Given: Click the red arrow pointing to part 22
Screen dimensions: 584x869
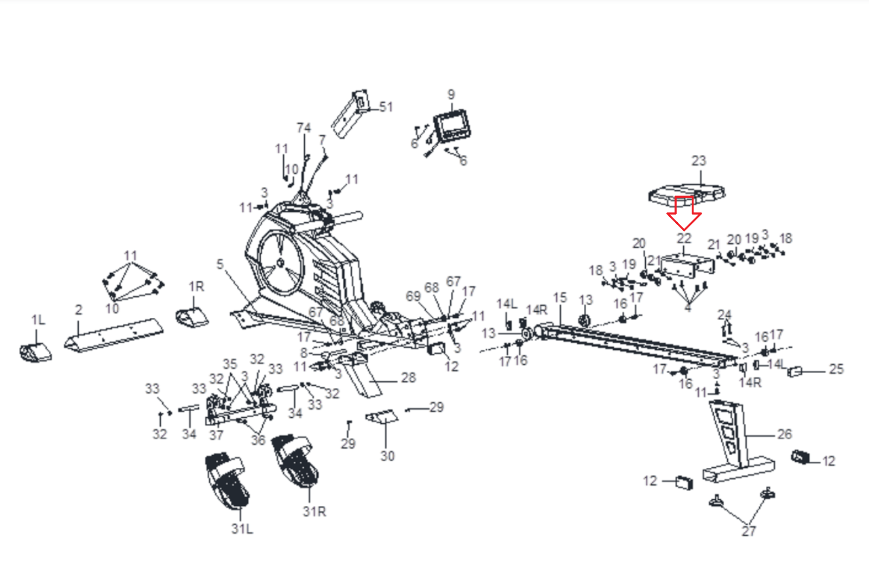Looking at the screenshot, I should pyautogui.click(x=684, y=213).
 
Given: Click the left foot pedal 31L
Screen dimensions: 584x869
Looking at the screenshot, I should pyautogui.click(x=228, y=481).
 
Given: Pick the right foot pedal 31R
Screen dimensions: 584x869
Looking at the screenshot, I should pyautogui.click(x=295, y=460).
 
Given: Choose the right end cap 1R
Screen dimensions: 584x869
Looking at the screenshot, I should pyautogui.click(x=192, y=317).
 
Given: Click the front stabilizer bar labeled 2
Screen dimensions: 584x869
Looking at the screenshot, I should pyautogui.click(x=115, y=334).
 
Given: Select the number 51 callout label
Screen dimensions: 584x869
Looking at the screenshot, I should pyautogui.click(x=386, y=106).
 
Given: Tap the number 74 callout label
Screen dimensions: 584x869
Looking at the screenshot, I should pyautogui.click(x=304, y=128).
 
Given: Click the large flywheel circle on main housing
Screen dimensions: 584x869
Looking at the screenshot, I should pyautogui.click(x=280, y=263).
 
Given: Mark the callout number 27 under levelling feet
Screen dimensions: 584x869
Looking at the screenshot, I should pyautogui.click(x=748, y=531).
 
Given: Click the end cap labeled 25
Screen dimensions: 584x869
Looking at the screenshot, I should pyautogui.click(x=795, y=372).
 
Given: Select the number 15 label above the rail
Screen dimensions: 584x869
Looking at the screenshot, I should pyautogui.click(x=560, y=298).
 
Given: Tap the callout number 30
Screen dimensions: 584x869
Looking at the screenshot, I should pyautogui.click(x=387, y=456).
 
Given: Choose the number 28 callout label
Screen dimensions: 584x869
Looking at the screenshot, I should pyautogui.click(x=408, y=378).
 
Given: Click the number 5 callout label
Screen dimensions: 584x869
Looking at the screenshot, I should pyautogui.click(x=220, y=264).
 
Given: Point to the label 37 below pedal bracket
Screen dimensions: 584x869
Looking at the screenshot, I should pyautogui.click(x=216, y=435).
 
